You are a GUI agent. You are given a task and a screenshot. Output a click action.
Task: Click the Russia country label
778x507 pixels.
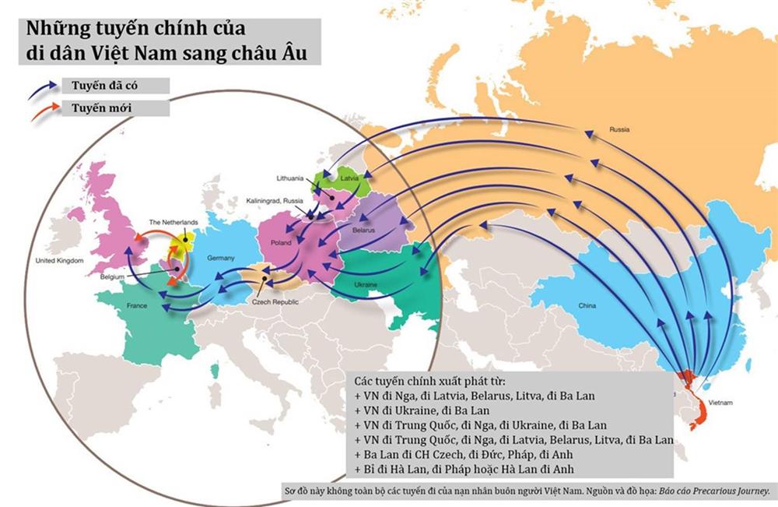tap(619, 129)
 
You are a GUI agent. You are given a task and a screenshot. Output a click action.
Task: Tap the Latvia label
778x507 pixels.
tap(349, 178)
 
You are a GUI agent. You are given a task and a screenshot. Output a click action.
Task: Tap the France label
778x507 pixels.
tap(136, 306)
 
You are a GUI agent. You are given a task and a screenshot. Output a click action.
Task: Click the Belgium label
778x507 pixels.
tap(116, 276)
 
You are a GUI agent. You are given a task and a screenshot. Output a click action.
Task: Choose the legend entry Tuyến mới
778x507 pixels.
tap(93, 107)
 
